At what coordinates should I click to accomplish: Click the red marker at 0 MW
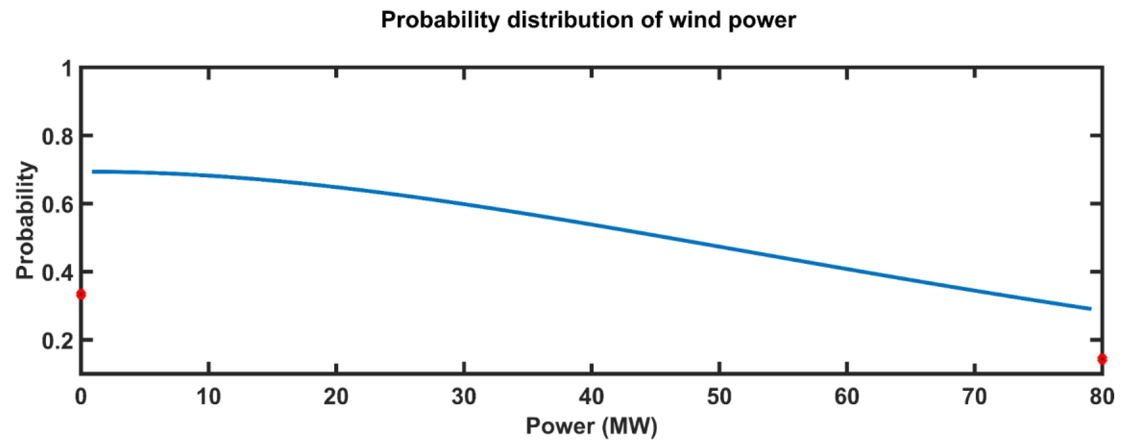click(x=81, y=294)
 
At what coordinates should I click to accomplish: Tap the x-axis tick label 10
click(x=209, y=397)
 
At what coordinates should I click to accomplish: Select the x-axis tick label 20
click(x=336, y=397)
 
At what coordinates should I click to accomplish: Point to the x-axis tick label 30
click(x=464, y=397)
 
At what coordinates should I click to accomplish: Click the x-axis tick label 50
click(x=719, y=397)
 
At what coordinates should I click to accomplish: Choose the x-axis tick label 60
click(x=847, y=397)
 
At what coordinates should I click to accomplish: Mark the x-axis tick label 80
click(x=1101, y=397)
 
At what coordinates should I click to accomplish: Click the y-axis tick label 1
click(x=67, y=68)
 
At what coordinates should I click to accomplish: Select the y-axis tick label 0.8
click(x=56, y=136)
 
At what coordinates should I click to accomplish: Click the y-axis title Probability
click(x=25, y=220)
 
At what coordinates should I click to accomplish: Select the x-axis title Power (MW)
click(x=591, y=426)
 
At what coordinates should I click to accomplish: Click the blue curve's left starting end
click(x=93, y=171)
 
